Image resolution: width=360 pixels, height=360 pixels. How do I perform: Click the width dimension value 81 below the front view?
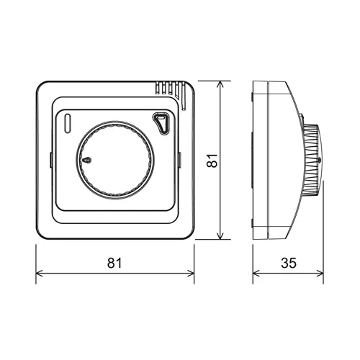(x=114, y=263)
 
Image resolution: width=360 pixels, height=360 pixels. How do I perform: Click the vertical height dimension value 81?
(x=211, y=161)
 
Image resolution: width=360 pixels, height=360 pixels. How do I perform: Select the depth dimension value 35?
(x=288, y=263)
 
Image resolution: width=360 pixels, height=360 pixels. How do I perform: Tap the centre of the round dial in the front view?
(x=114, y=161)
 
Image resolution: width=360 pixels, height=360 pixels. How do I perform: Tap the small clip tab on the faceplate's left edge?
(x=50, y=161)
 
